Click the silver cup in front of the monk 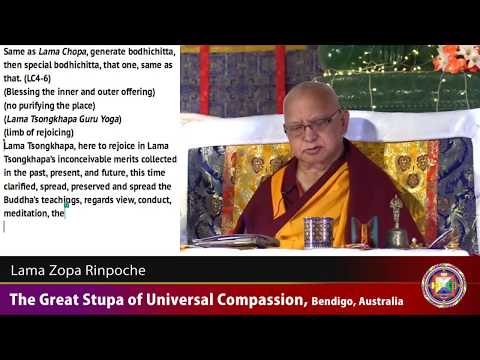[319, 232]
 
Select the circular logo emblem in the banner [443, 285]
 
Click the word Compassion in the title [250, 300]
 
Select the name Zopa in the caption [67, 270]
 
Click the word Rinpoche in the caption [119, 270]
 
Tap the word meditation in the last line [29, 213]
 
